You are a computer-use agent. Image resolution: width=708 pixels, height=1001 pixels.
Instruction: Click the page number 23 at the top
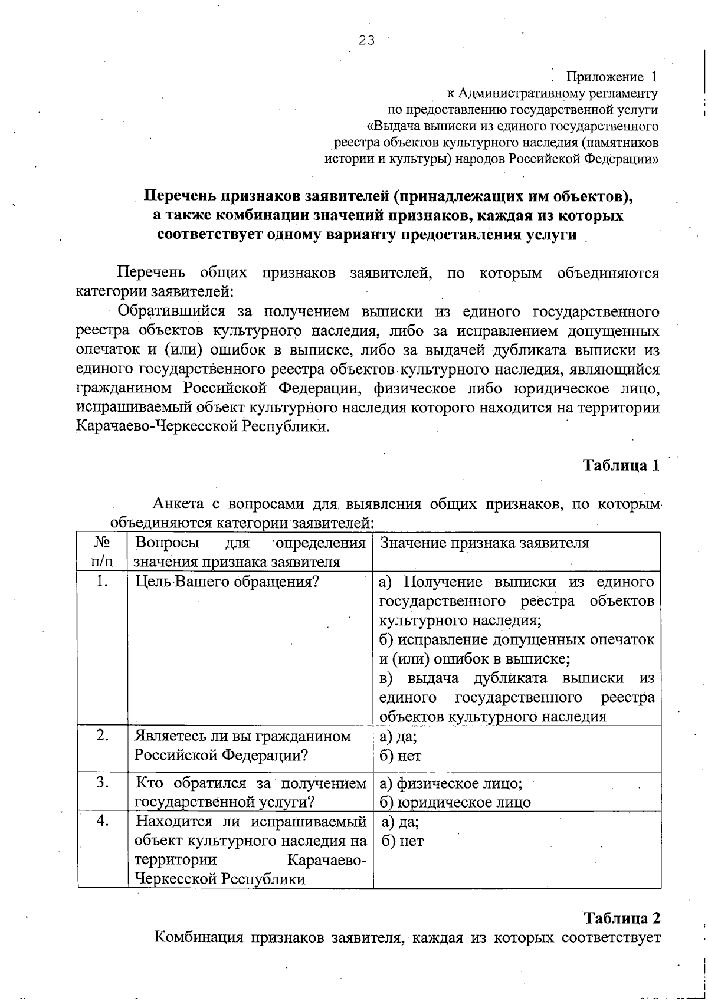coord(366,40)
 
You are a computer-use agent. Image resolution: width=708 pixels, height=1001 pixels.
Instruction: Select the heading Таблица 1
coord(621,465)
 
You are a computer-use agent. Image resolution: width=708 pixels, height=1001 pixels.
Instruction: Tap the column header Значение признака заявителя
coord(484,543)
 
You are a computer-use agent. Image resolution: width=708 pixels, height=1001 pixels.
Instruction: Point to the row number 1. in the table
coord(103,582)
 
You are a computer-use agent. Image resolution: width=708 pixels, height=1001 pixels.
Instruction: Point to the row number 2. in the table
coord(103,736)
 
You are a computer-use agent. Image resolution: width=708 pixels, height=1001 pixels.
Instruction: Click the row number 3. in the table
coord(103,783)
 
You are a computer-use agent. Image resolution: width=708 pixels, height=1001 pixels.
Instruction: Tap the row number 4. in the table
coord(103,821)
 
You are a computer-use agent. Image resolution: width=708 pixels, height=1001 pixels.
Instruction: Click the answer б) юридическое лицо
coord(455,802)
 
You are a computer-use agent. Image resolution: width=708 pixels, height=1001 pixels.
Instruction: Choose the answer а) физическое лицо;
coord(451,783)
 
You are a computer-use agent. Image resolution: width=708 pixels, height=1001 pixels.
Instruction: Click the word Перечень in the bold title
coord(181,196)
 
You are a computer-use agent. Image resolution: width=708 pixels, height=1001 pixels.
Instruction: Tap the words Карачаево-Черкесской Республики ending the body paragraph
coord(202,426)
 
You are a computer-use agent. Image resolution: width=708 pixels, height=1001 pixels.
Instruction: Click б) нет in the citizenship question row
coord(401,756)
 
